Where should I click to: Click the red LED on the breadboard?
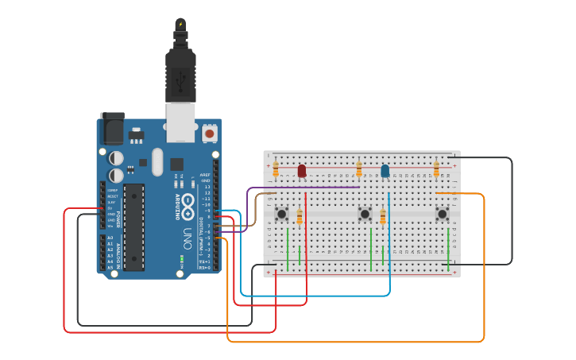302,171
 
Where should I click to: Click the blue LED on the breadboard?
385,171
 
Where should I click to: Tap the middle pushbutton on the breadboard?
365,214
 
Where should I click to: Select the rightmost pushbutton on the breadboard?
443,213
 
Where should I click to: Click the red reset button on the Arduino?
210,134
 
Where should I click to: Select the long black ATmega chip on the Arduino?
134,227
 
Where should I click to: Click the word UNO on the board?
187,236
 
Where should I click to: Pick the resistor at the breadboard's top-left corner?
276,168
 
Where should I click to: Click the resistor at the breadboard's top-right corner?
436,168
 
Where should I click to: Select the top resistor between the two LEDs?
359,168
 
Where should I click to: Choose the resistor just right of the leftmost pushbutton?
300,217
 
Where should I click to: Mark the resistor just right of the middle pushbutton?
383,217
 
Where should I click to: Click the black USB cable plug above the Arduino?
180,68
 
